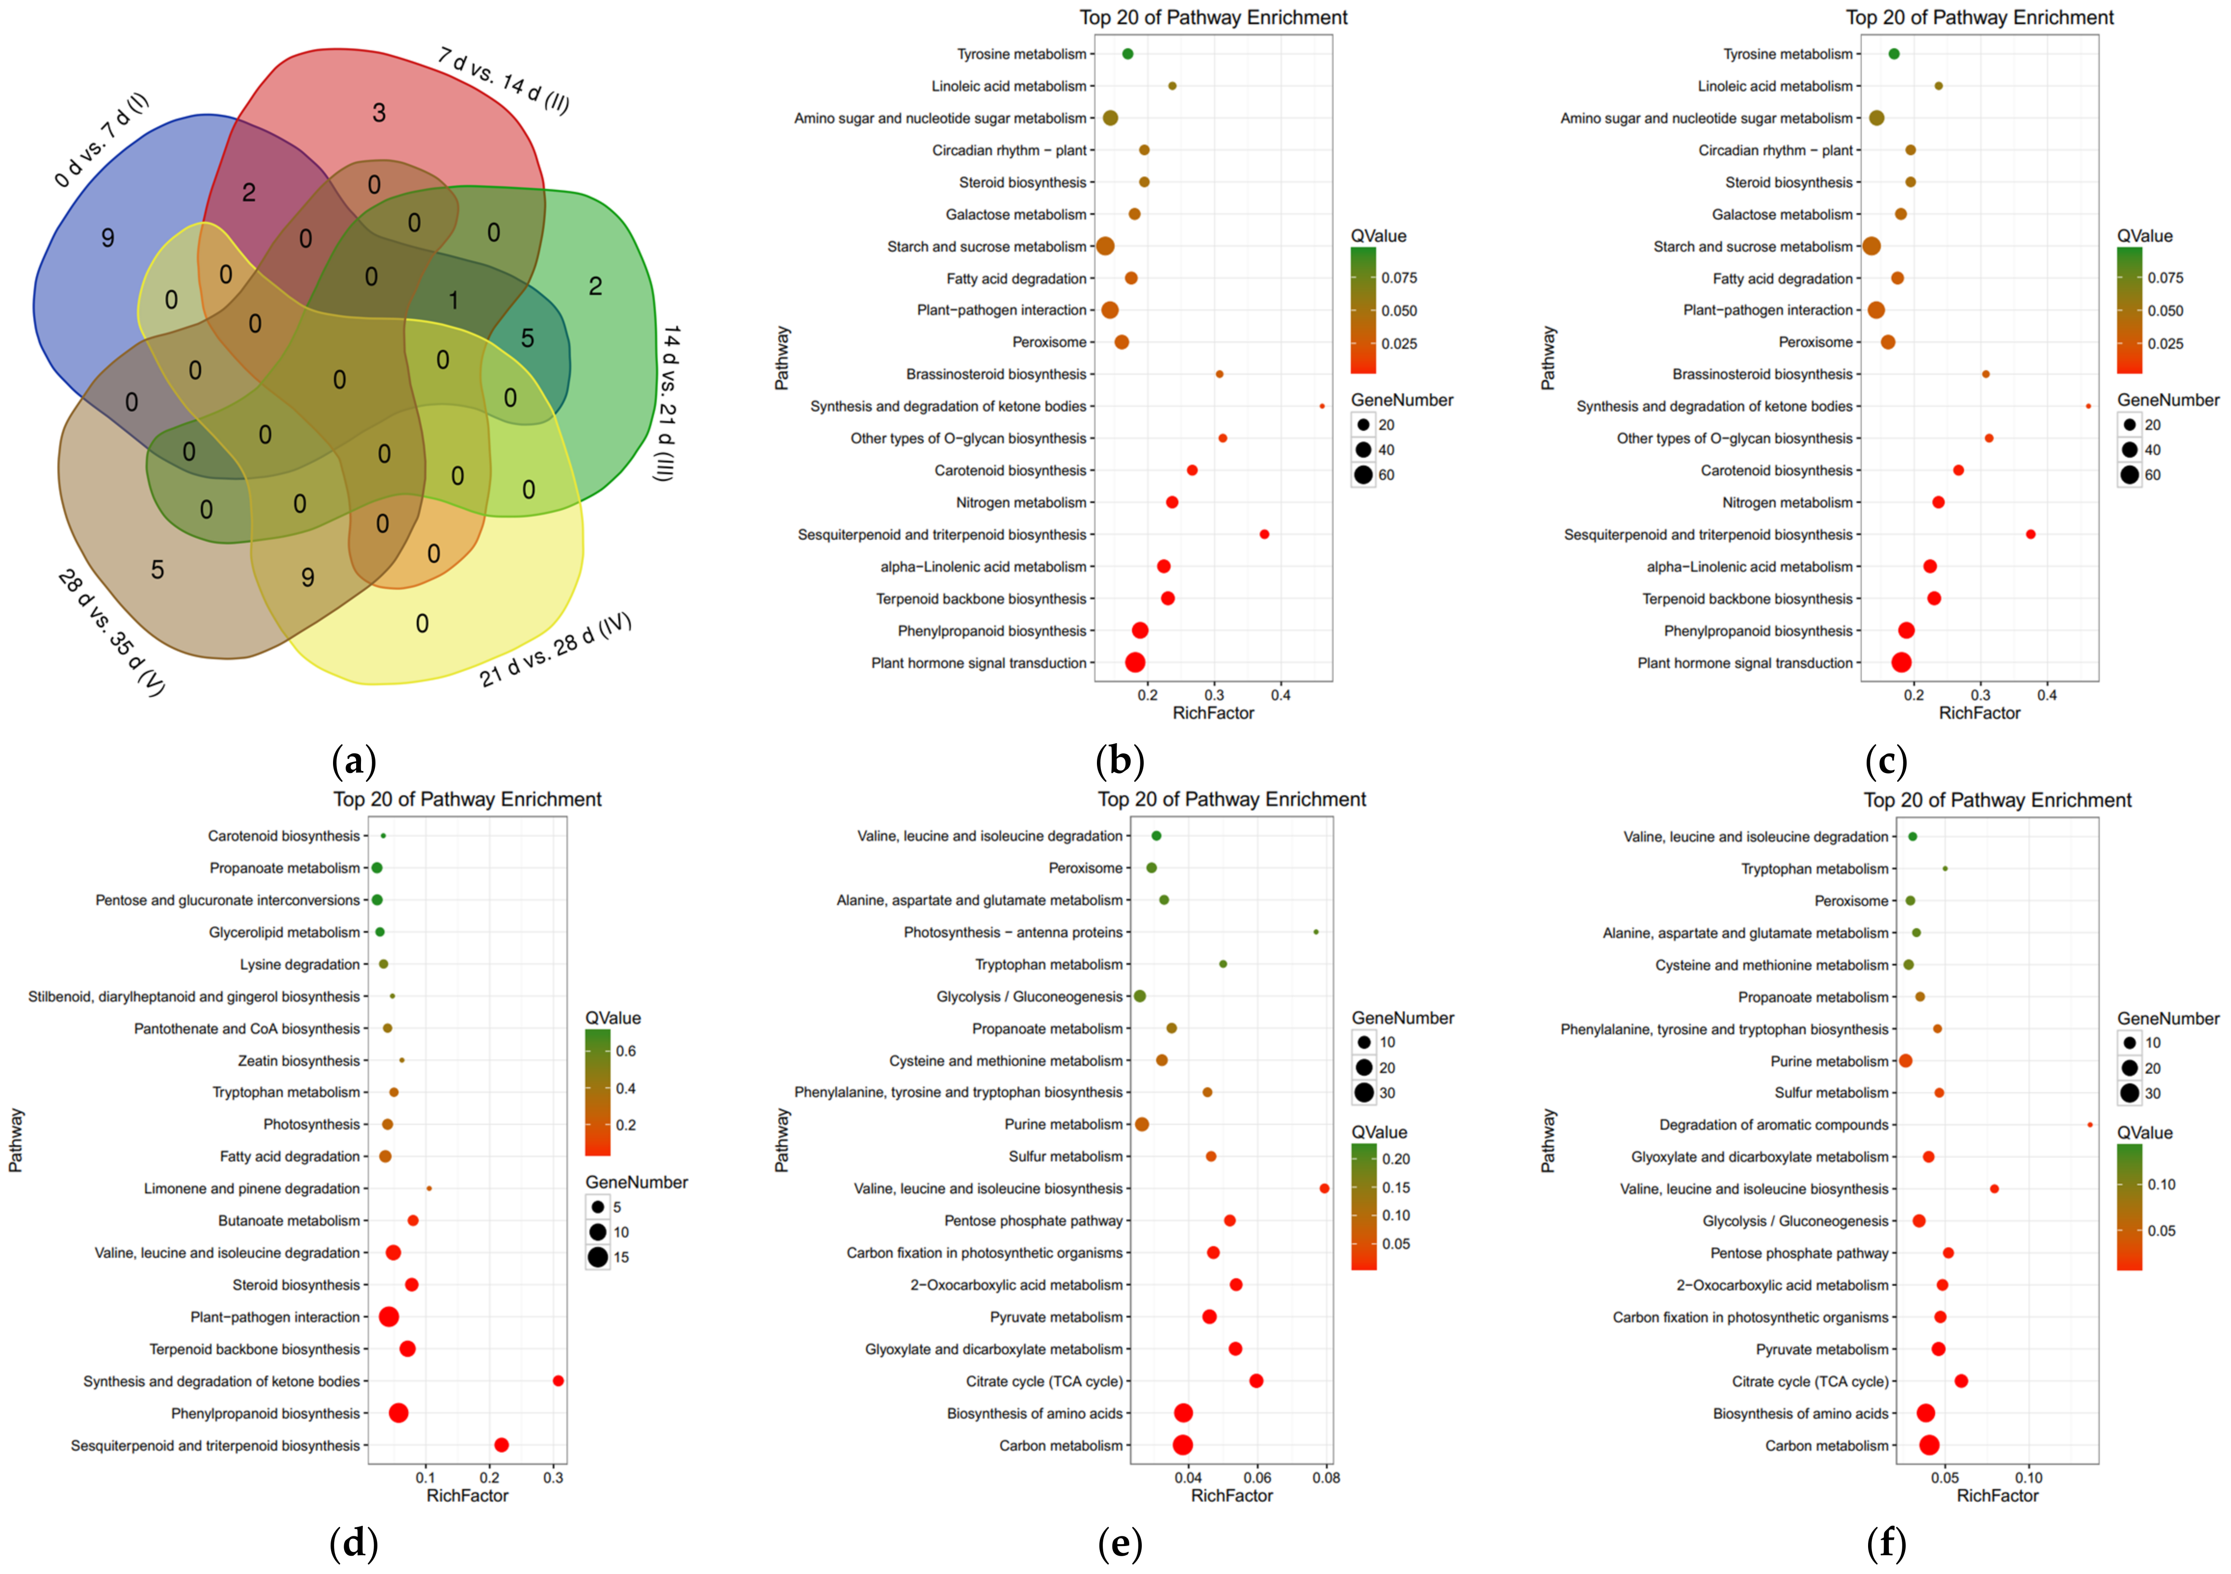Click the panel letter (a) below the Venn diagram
pos(354,761)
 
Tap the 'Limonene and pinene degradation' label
pos(252,1188)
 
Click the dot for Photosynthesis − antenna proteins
pos(1316,932)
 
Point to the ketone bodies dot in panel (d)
pos(558,1381)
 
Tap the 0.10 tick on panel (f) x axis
pos(2029,1478)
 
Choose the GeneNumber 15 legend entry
pos(621,1257)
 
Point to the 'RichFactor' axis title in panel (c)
pos(1979,713)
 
